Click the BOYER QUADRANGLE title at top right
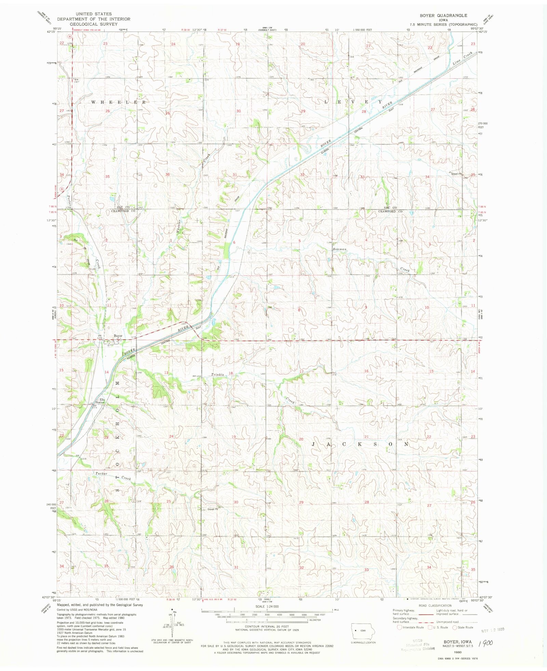coord(443,15)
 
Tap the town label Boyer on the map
coord(118,336)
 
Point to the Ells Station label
coord(100,401)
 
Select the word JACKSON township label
coord(360,444)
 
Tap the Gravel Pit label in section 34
coord(456,174)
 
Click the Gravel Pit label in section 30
coord(212,509)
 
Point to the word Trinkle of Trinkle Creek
coord(217,374)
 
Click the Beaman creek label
coord(340,249)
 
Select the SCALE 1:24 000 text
coord(267,606)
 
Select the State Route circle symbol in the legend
coord(454,627)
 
